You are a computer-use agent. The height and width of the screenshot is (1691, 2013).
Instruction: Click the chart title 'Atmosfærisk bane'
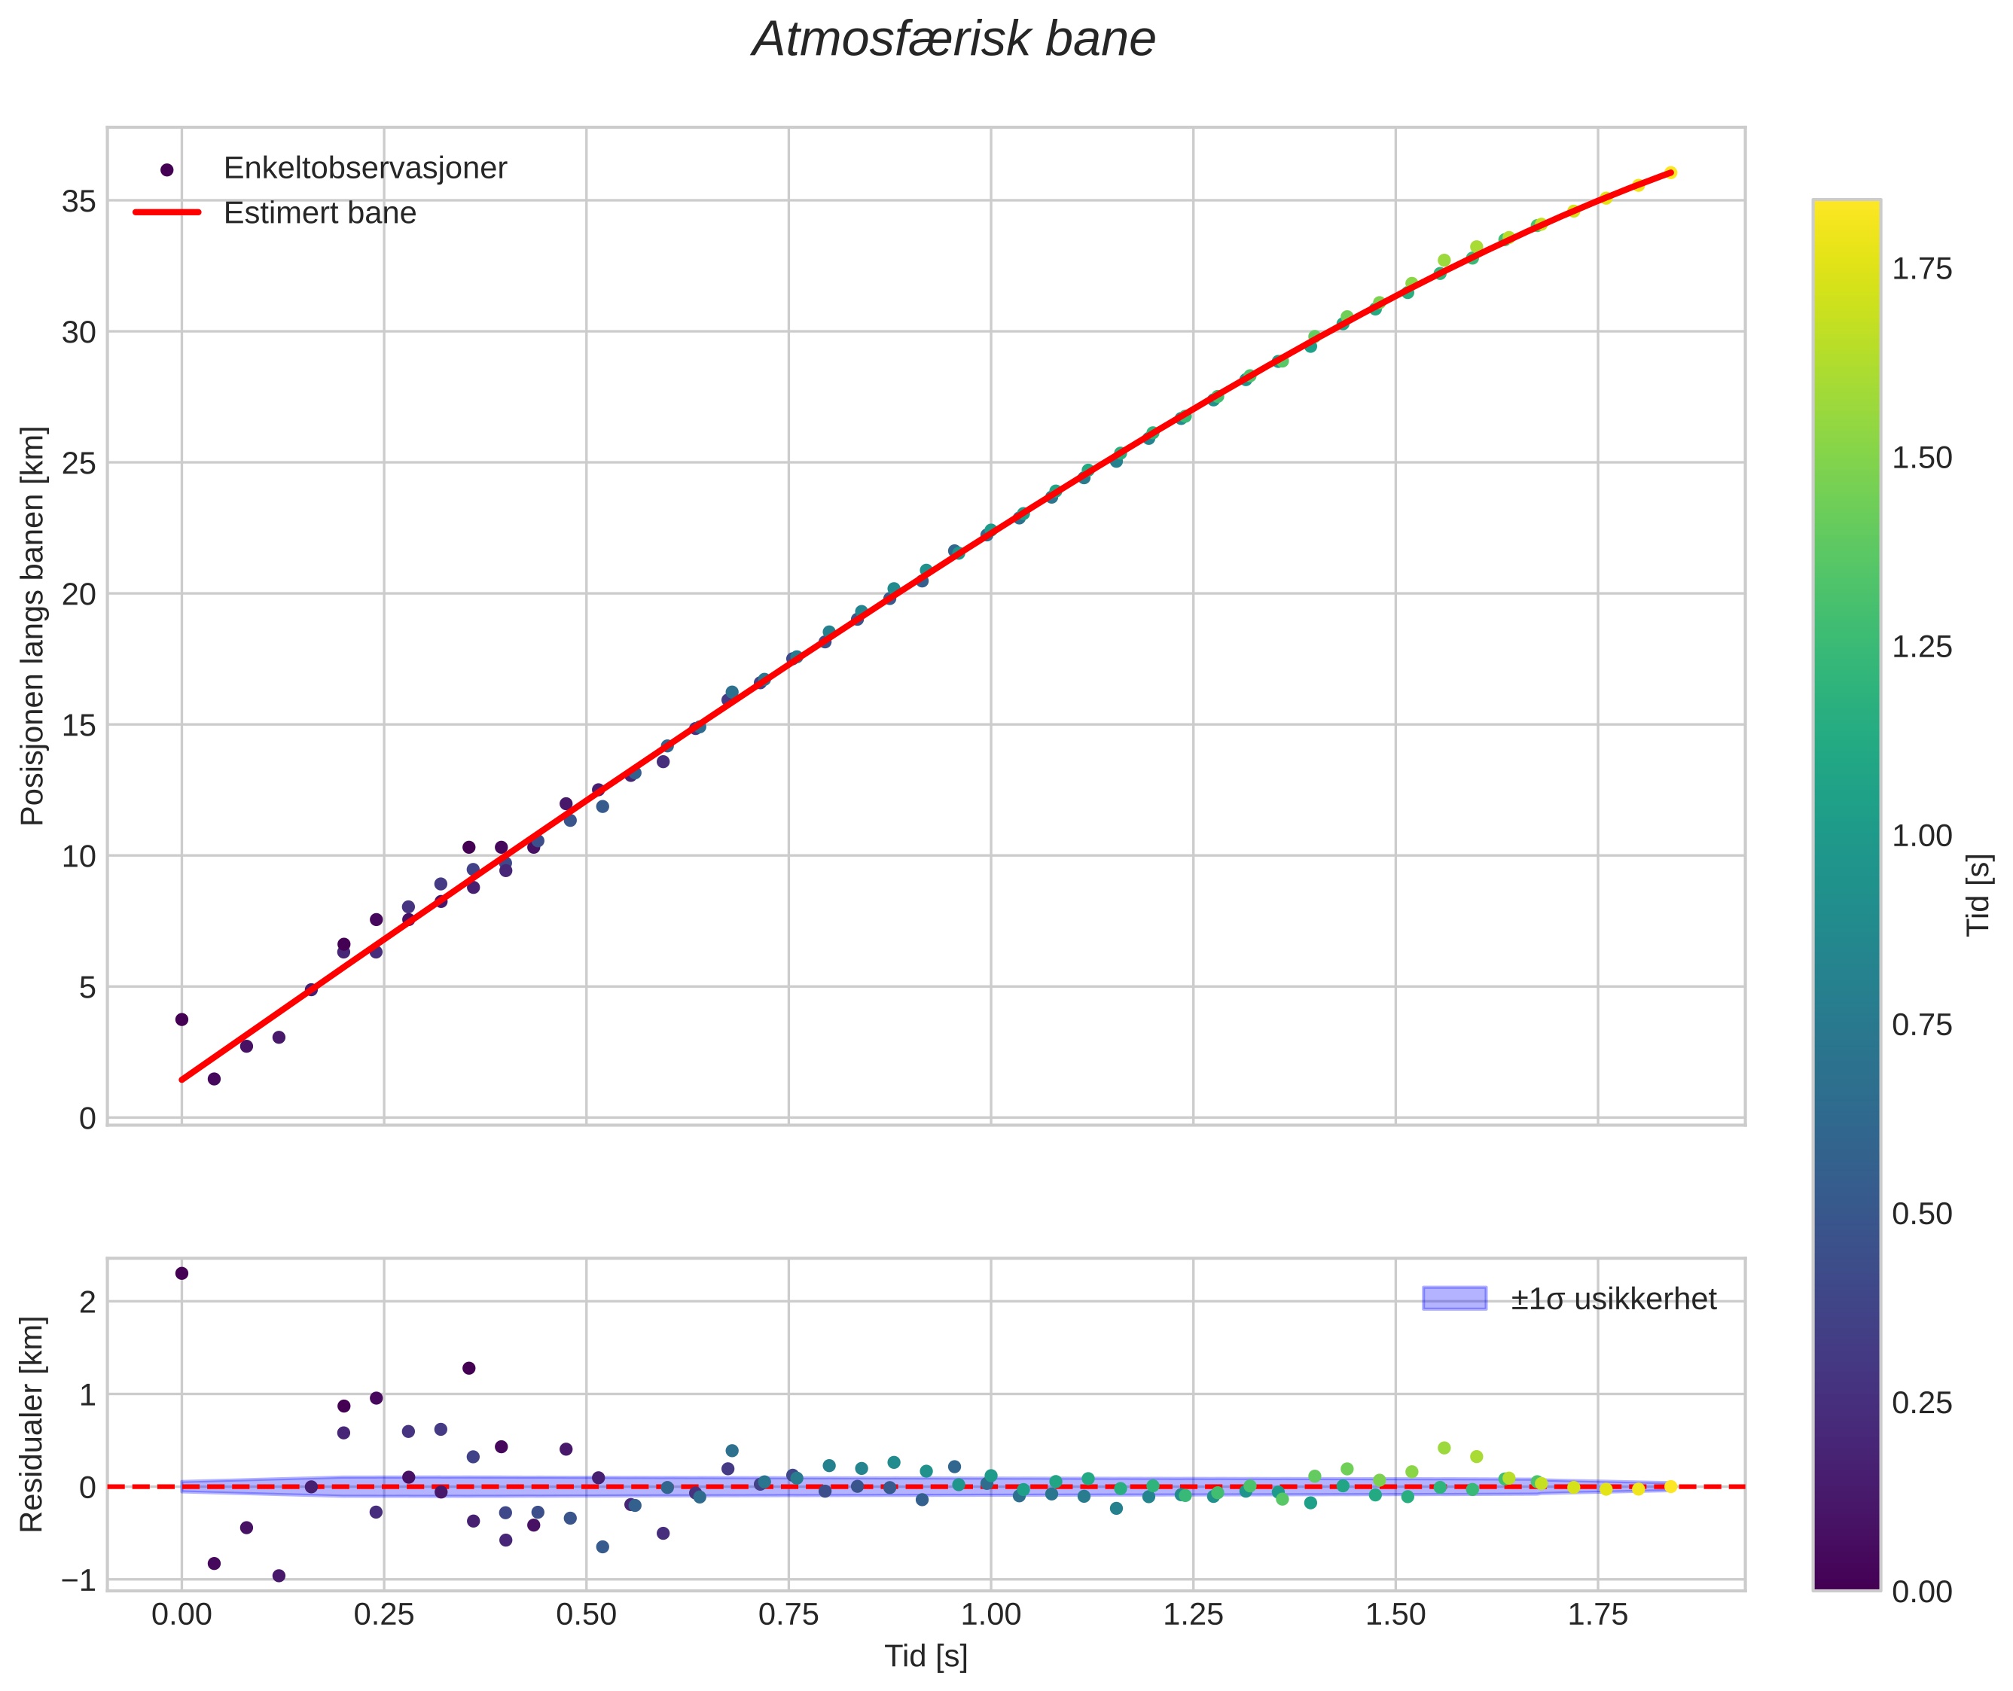coord(953,40)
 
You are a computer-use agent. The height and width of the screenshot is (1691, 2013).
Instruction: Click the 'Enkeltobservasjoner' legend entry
coord(364,169)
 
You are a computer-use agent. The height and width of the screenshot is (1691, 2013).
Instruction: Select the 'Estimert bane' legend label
coord(319,213)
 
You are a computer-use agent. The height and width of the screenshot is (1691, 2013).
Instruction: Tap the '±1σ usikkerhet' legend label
coord(1613,1299)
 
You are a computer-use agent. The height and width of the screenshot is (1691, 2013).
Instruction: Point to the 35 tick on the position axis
coord(78,201)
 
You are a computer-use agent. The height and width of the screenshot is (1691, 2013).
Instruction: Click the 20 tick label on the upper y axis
coord(78,594)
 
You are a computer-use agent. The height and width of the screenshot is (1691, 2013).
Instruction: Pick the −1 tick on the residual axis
coord(78,1580)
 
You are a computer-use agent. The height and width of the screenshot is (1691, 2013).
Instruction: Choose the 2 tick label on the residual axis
coord(87,1302)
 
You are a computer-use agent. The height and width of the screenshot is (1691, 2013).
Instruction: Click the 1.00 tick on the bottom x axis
coord(990,1615)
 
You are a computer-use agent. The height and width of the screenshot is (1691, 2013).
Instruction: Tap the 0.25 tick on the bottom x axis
coord(383,1615)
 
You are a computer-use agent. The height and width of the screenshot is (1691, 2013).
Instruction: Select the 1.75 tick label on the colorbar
coord(1921,270)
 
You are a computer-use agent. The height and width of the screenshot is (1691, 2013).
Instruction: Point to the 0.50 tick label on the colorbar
coord(1921,1214)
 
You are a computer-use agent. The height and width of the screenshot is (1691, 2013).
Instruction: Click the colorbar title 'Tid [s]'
coord(1978,894)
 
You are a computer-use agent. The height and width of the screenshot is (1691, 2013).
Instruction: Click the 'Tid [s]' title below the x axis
coord(926,1656)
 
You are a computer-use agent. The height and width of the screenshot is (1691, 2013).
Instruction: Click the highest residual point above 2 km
coord(181,1273)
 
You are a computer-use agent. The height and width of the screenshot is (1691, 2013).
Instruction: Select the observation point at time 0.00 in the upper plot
coord(181,1019)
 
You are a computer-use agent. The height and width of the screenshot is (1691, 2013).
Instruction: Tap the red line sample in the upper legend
coord(167,213)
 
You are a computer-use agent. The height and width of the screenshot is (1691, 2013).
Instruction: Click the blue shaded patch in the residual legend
coord(1454,1299)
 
